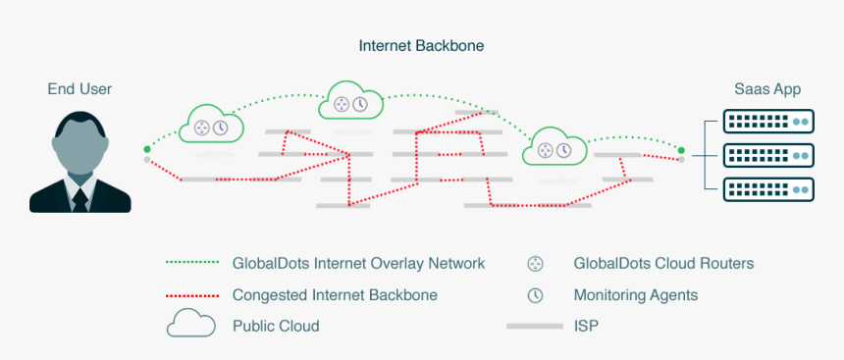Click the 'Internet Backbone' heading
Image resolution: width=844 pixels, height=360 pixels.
click(421, 45)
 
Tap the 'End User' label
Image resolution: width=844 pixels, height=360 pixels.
click(79, 89)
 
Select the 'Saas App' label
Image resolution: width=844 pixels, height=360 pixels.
click(767, 89)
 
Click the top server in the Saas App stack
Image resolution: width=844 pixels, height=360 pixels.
click(769, 122)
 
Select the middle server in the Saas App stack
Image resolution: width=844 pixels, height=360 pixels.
click(769, 155)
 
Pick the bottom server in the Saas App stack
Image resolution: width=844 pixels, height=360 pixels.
click(769, 188)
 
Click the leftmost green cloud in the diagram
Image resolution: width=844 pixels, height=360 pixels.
click(210, 126)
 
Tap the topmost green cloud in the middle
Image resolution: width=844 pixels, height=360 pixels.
click(350, 104)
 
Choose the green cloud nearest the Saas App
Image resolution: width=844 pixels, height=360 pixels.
click(554, 148)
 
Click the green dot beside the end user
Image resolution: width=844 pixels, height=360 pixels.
click(147, 149)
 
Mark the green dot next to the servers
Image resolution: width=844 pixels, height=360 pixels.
click(680, 151)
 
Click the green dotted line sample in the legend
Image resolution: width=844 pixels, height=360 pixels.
click(190, 263)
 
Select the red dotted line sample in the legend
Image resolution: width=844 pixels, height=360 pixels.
click(190, 294)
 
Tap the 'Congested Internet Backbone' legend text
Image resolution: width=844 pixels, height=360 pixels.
click(335, 294)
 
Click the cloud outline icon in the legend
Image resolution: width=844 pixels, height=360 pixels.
click(190, 324)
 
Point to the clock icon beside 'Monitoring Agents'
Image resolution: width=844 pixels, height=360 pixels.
click(535, 294)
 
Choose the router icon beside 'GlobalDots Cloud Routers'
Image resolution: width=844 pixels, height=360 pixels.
click(535, 263)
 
